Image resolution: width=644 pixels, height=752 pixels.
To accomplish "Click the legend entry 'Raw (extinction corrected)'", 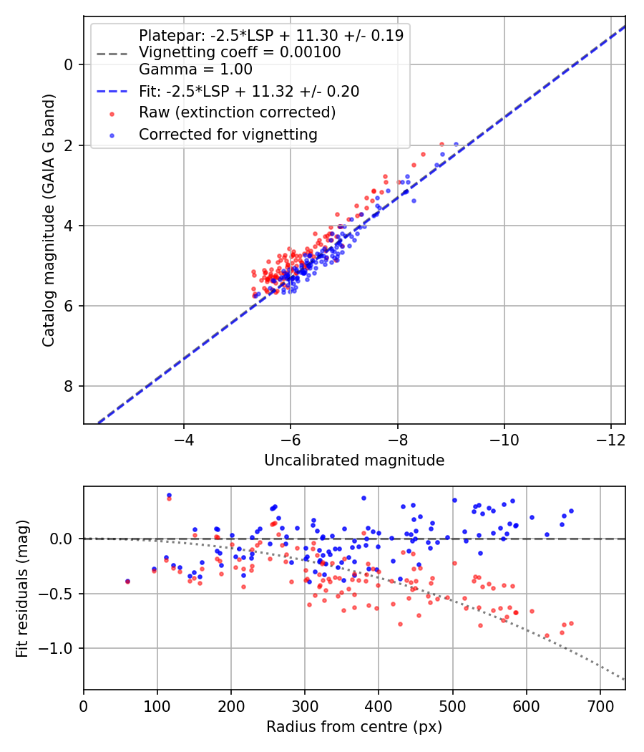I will point(237,112).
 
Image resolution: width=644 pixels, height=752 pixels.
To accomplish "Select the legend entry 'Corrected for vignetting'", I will point(228,134).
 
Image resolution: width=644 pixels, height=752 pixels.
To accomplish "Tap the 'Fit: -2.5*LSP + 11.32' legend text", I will point(249,91).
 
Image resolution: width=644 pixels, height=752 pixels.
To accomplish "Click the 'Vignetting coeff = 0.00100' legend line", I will point(240,52).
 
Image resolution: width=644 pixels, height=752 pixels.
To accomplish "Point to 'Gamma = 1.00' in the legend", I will point(195,69).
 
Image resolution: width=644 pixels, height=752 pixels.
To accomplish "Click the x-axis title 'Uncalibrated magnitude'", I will point(354,461).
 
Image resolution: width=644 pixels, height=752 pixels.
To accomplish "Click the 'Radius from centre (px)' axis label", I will point(354,727).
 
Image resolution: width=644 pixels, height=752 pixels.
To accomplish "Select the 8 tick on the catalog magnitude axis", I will point(69,387).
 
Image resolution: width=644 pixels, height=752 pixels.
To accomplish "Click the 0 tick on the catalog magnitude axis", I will point(69,64).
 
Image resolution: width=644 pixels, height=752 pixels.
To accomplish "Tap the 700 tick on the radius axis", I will point(600,705).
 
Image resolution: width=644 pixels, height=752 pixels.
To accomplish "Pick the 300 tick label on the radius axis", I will point(305,705).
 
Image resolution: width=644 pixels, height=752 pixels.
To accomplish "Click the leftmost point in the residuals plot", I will point(127,581).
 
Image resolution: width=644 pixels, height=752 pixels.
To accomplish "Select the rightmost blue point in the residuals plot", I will point(571,511).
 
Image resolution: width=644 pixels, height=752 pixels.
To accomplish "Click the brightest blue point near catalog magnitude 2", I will point(456,145).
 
